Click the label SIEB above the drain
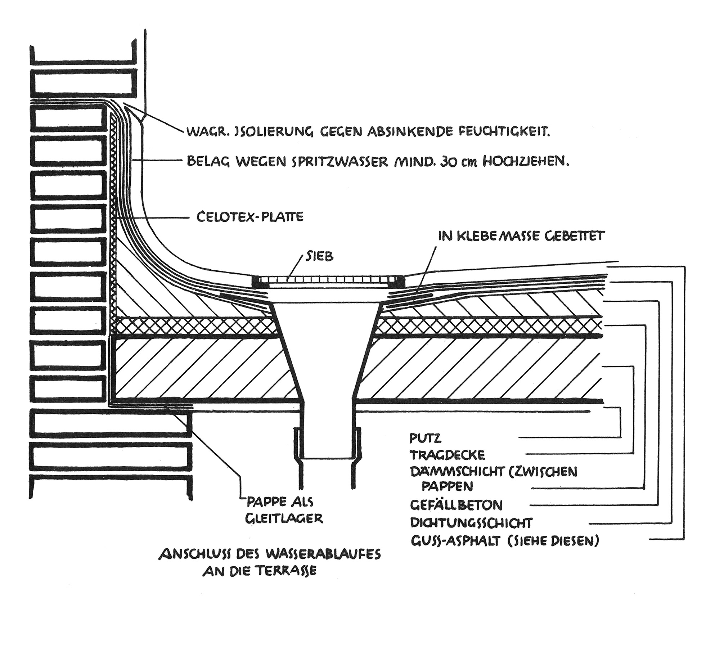pyautogui.click(x=320, y=256)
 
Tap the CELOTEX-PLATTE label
pyautogui.click(x=250, y=217)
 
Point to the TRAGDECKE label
pyautogui.click(x=448, y=455)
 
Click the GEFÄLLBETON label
pyautogui.click(x=456, y=505)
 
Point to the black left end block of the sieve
pyautogui.click(x=260, y=282)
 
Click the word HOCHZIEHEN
pyautogui.click(x=525, y=162)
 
